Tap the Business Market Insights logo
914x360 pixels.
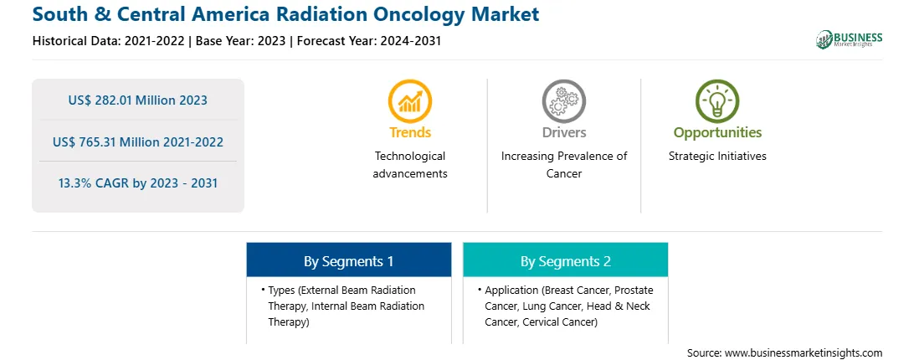click(849, 39)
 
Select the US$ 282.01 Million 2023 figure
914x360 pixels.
click(137, 100)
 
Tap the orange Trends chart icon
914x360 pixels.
click(410, 101)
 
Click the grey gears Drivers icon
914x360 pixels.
click(563, 101)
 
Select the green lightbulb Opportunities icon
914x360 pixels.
click(717, 101)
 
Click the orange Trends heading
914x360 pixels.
click(410, 132)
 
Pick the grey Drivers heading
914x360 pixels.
click(563, 132)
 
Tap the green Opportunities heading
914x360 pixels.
click(717, 133)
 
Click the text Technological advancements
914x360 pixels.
click(410, 165)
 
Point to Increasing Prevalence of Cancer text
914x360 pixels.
click(563, 165)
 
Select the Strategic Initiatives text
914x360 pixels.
click(717, 156)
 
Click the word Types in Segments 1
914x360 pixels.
click(281, 290)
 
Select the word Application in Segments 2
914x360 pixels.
click(511, 290)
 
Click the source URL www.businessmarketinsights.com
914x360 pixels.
click(804, 352)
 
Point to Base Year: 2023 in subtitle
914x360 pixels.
click(241, 41)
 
